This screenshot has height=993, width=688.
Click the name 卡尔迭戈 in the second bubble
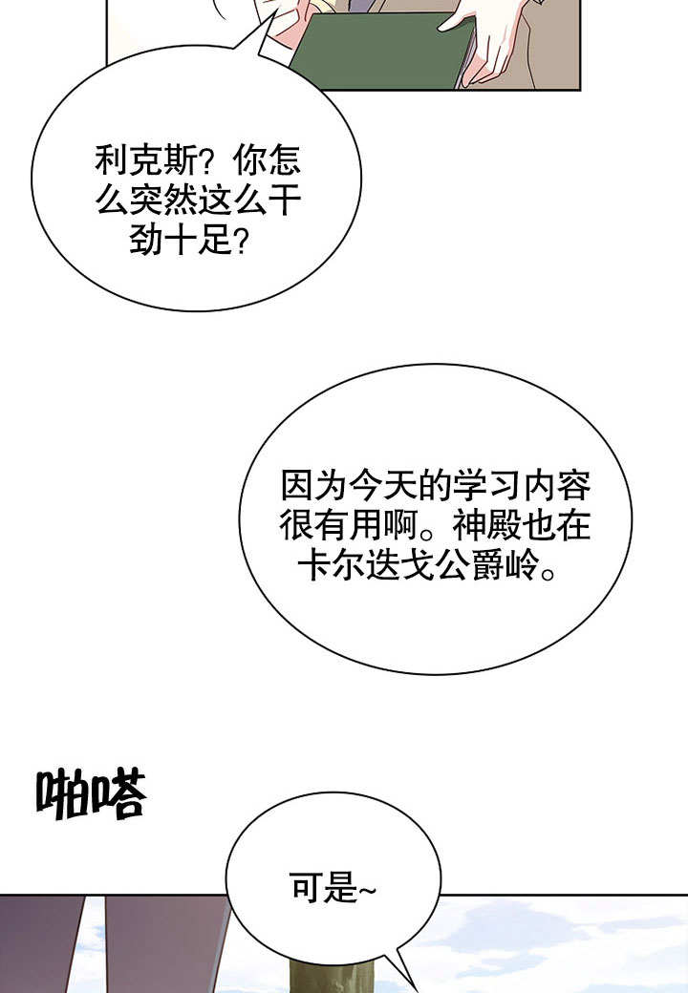[366, 564]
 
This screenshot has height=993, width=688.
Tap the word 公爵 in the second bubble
[468, 564]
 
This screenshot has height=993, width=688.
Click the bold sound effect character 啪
[62, 794]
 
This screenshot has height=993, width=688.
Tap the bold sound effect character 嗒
[119, 792]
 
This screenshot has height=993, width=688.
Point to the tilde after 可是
[368, 891]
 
